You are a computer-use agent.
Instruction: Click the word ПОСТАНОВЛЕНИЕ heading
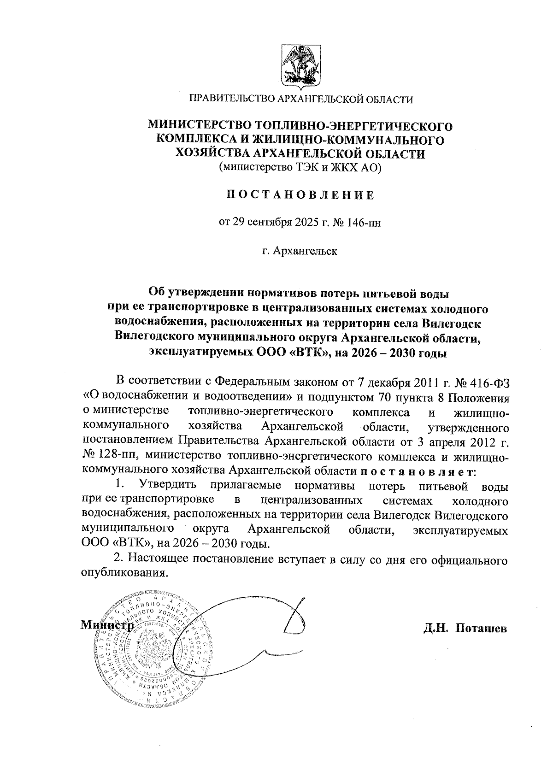(300, 195)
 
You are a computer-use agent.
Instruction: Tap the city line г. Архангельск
(300, 252)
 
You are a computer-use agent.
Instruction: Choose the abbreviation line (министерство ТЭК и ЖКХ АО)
(300, 168)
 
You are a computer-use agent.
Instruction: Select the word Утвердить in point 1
(171, 486)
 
